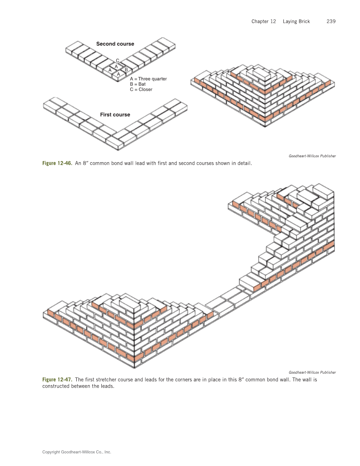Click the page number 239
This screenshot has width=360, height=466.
click(x=331, y=22)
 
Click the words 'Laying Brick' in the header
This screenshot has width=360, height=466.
click(x=296, y=22)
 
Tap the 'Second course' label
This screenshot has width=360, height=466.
click(x=115, y=44)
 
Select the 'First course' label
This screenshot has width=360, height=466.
click(x=115, y=115)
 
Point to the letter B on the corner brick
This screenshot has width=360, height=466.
click(x=126, y=69)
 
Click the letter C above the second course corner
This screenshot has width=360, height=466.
click(x=117, y=61)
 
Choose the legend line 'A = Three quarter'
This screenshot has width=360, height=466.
click(x=148, y=79)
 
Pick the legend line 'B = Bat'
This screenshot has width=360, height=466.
click(x=138, y=84)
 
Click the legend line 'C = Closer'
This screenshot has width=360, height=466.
click(x=141, y=89)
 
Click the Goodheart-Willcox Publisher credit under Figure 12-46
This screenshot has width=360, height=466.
click(x=313, y=156)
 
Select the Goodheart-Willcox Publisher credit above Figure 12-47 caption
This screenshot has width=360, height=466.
click(x=313, y=372)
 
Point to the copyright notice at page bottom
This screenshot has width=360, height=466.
click(x=76, y=452)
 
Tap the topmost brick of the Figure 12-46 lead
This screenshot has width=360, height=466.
click(x=262, y=73)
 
